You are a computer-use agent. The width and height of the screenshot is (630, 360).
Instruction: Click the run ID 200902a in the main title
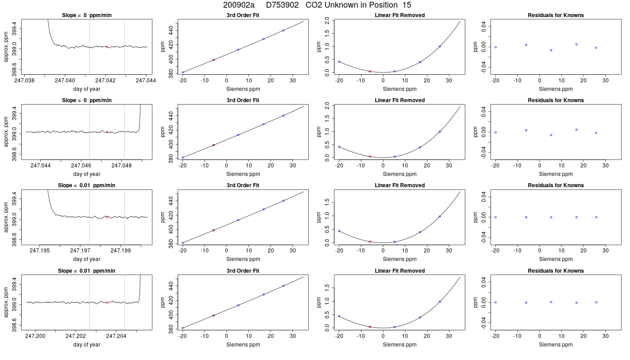(x=238, y=5)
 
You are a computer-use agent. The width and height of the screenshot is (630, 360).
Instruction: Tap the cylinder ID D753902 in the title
(x=282, y=5)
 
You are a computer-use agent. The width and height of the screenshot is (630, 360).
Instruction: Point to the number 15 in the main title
(x=407, y=5)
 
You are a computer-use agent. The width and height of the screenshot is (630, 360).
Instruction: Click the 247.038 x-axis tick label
(x=24, y=81)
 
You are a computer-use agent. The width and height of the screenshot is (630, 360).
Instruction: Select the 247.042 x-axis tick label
(x=105, y=81)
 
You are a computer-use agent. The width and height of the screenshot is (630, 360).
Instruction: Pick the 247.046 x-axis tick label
(x=81, y=166)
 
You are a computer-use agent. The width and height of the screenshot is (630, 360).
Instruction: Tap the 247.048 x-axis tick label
(x=121, y=166)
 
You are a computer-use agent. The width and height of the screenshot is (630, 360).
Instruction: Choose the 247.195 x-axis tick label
(x=40, y=251)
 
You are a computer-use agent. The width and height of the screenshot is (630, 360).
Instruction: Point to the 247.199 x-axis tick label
(x=121, y=251)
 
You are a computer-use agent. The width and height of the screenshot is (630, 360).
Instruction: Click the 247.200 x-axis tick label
(x=35, y=336)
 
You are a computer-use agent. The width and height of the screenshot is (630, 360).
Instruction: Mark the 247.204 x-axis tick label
(x=116, y=336)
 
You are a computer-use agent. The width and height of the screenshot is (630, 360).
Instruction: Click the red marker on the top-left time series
(x=107, y=47)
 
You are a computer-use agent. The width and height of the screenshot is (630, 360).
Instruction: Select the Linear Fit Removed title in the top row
(x=400, y=15)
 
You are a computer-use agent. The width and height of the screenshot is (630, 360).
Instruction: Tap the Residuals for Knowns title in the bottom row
(x=556, y=271)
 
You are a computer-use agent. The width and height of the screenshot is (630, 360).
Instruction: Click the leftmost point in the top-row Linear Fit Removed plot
(x=339, y=62)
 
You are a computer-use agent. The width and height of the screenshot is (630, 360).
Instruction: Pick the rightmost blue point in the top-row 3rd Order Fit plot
(x=283, y=31)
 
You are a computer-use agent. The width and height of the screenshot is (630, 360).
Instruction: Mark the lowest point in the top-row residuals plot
(x=551, y=50)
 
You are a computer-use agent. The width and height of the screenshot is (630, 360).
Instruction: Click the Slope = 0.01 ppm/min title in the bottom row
(x=86, y=271)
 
